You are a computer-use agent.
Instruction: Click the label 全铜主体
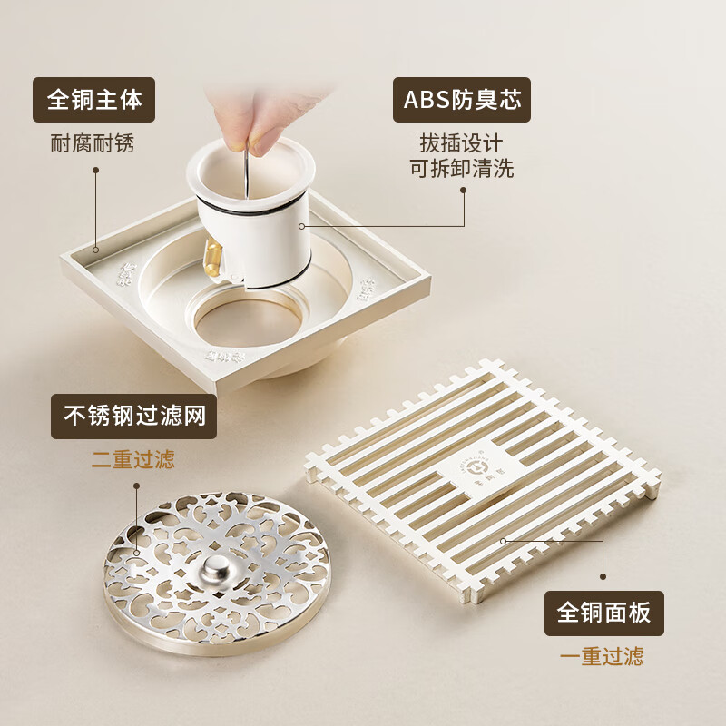pos(94,100)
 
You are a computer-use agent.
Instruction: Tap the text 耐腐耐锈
pos(94,143)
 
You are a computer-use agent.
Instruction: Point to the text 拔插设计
pos(461,143)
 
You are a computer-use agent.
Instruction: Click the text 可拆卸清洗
pos(461,169)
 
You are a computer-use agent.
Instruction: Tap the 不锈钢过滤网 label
pos(133,417)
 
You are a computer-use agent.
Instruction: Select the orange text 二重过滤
pos(133,458)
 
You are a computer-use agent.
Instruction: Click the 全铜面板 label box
pos(604,613)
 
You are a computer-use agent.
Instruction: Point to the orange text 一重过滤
pos(604,655)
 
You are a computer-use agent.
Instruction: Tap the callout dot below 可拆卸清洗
pos(464,191)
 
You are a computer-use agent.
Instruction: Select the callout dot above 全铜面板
pos(603,575)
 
